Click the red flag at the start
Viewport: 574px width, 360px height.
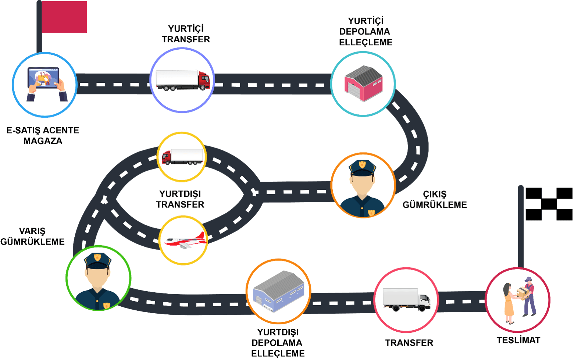[x=64, y=17]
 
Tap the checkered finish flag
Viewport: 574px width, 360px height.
[x=549, y=204]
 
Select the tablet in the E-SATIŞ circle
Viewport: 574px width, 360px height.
[x=44, y=78]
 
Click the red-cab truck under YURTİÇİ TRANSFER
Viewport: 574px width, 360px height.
[x=182, y=80]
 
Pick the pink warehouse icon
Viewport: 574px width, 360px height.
[x=363, y=83]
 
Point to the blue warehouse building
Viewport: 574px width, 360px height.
[x=278, y=292]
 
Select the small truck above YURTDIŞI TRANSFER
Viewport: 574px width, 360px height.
[x=182, y=157]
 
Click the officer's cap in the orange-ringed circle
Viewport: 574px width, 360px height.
[x=362, y=167]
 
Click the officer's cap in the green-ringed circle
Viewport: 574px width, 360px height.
[x=97, y=260]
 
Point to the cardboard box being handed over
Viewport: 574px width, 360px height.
[x=523, y=292]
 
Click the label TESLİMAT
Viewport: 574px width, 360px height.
[x=518, y=340]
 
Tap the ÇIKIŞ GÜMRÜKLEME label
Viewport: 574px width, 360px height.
[x=435, y=200]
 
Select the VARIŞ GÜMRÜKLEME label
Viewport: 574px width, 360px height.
[x=32, y=236]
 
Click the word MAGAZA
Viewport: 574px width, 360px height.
[x=43, y=141]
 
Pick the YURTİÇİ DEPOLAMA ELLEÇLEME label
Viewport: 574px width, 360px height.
[x=366, y=32]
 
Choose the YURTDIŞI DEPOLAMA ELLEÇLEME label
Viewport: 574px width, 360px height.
[x=278, y=343]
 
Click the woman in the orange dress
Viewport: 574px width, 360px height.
[x=509, y=304]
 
